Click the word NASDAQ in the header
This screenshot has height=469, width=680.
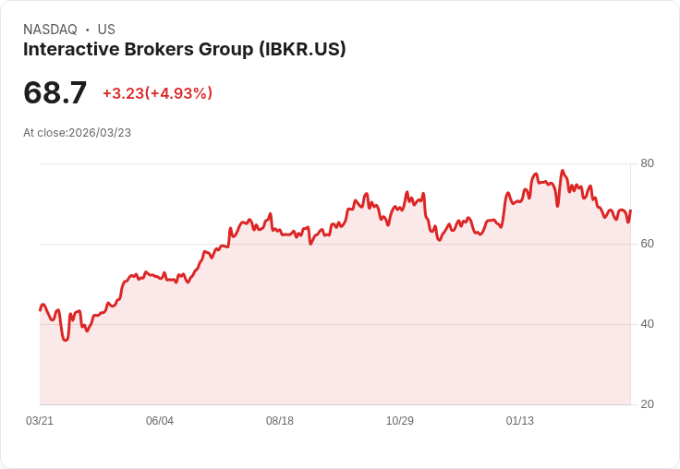coord(50,30)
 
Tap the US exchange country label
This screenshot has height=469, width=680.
coord(106,30)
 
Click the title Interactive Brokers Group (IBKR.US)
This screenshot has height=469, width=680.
coord(185,50)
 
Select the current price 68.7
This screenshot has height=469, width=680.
coord(55,92)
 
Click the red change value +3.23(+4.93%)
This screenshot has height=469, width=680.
coord(157,93)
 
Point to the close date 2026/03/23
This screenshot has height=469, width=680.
coord(100,133)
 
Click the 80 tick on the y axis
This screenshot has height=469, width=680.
coord(647,163)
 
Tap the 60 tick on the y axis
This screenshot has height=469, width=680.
coord(647,244)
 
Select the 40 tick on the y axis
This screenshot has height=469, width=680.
coord(647,324)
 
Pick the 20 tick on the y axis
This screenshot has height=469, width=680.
coord(647,404)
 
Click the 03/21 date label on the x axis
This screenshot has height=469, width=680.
coord(40,421)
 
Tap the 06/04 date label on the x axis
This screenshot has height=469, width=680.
coord(160,421)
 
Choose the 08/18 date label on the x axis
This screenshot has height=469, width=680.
coord(280,421)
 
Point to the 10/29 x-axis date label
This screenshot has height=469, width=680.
coord(400,421)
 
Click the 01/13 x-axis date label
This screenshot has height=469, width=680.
coord(520,421)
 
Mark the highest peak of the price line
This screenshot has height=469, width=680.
coord(562,171)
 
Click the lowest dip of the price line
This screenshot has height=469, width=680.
coord(65,340)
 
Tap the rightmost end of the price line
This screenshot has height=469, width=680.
coord(630,210)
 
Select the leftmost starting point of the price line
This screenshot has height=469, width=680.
coord(40,309)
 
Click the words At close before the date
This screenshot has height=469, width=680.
coord(44,133)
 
